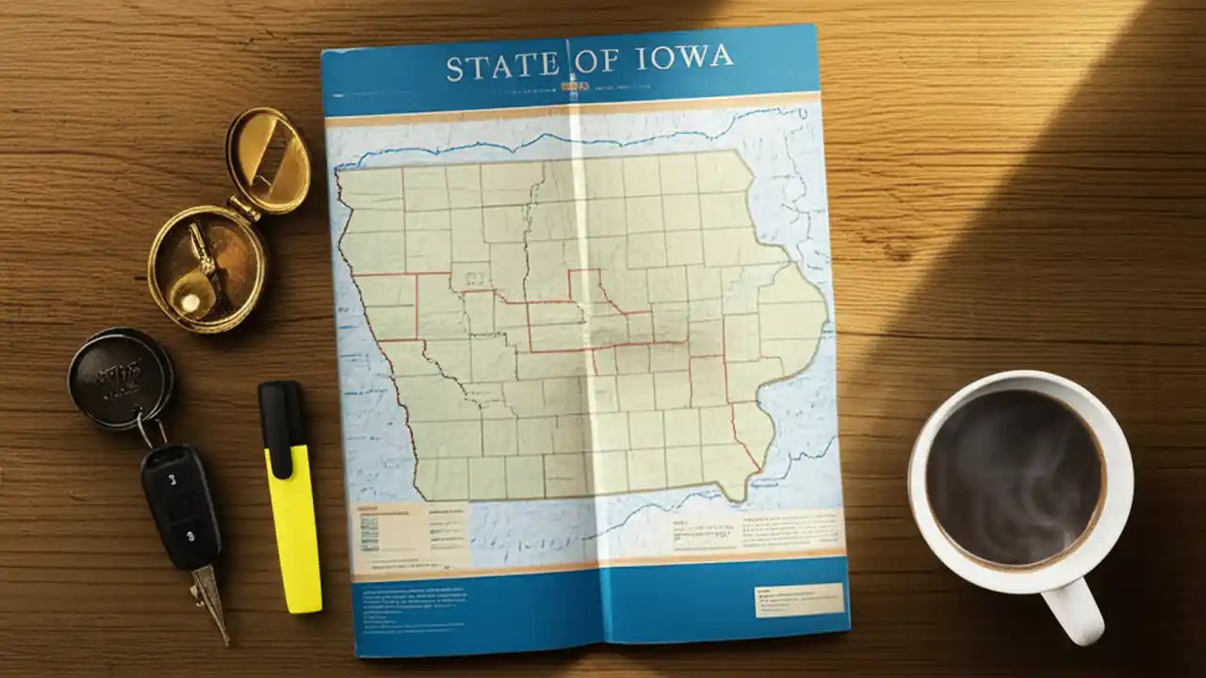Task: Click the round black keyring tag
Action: [x=120, y=378]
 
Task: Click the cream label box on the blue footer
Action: [x=798, y=600]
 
